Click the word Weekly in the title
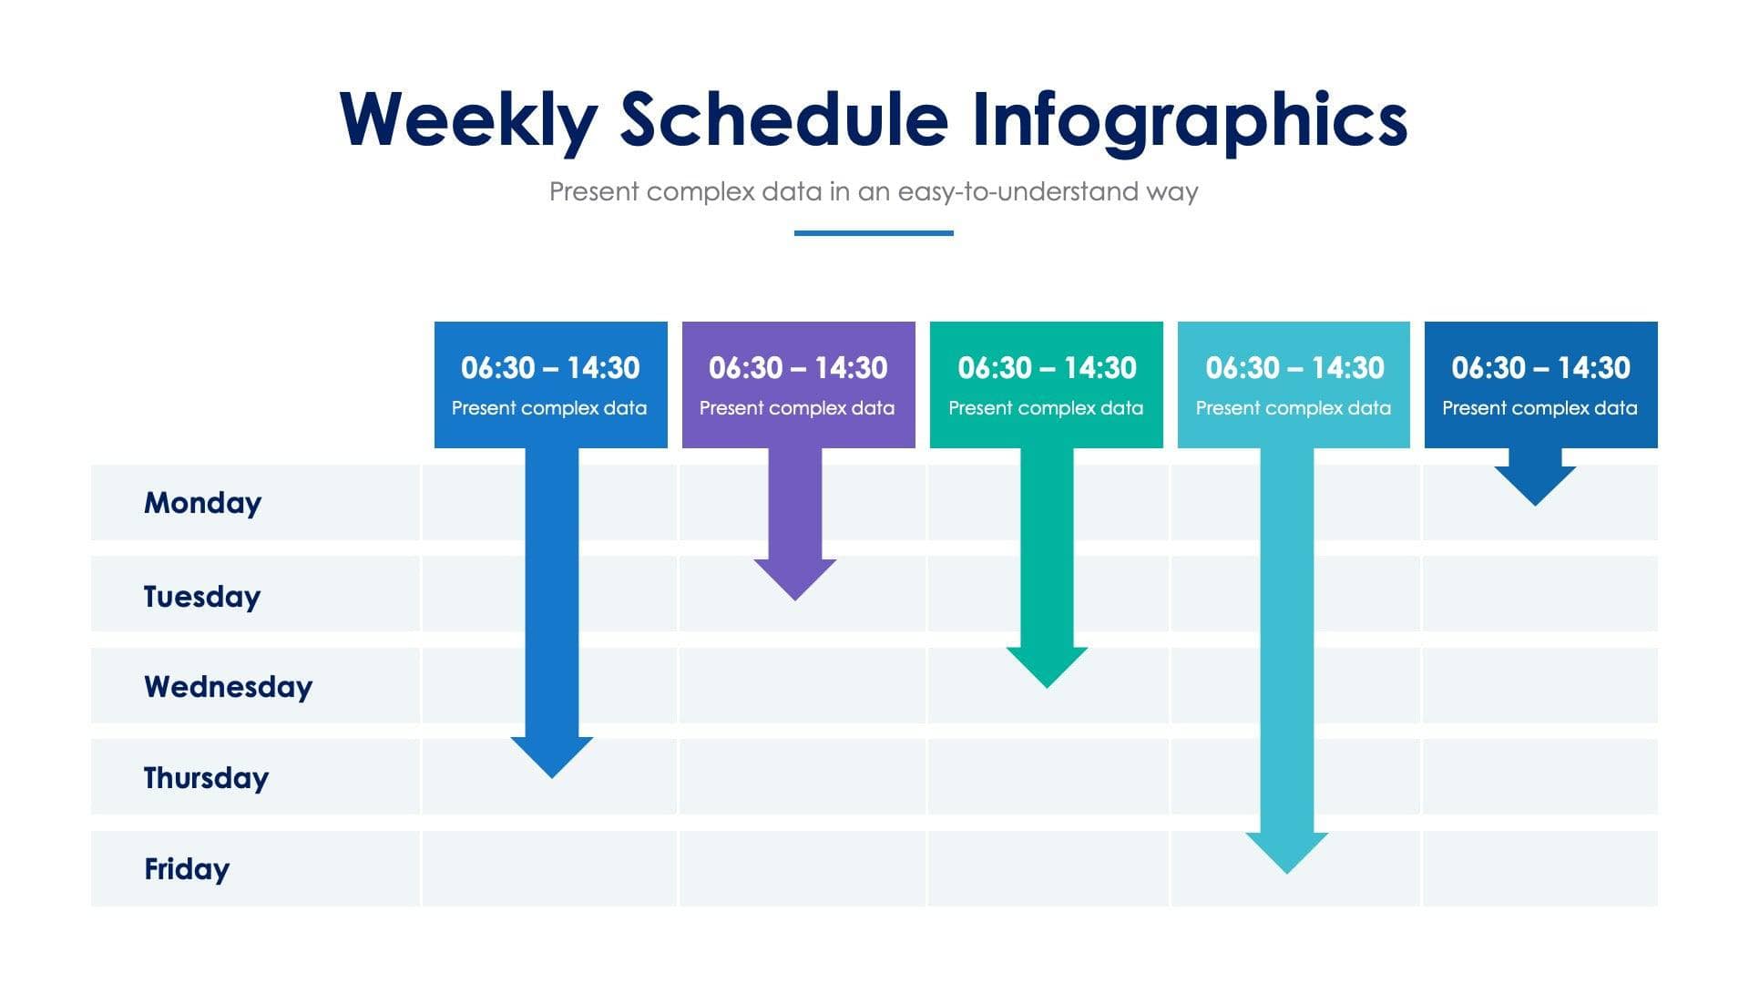468,119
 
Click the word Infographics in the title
1189,119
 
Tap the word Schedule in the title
783,119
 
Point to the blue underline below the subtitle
874,233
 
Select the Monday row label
202,503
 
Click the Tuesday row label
202,597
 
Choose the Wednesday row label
228,686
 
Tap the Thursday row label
206,778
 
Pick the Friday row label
187,869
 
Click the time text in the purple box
798,368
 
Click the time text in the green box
1047,368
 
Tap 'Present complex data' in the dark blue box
1539,408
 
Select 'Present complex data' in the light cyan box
1293,408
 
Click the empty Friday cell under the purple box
802,869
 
